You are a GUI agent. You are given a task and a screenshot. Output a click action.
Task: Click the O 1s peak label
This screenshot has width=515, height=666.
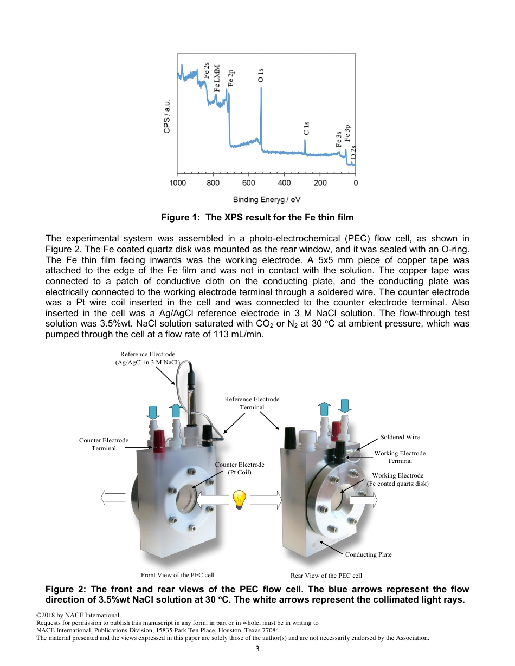pyautogui.click(x=261, y=75)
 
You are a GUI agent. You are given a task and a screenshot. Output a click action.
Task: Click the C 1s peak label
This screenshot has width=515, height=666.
pyautogui.click(x=306, y=128)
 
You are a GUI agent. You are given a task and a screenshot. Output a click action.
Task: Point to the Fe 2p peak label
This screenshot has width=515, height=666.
pyautogui.click(x=231, y=79)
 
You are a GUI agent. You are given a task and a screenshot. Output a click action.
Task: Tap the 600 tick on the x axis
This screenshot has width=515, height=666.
pyautogui.click(x=249, y=182)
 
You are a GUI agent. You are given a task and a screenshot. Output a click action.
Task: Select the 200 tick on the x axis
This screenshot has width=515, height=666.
pyautogui.click(x=320, y=182)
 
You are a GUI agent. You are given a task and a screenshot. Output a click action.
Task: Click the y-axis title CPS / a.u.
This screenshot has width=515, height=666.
pyautogui.click(x=168, y=116)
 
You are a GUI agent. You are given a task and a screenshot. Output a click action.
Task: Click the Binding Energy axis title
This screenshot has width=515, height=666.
pyautogui.click(x=267, y=199)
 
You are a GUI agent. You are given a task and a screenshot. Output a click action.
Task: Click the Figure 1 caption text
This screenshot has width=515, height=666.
pyautogui.click(x=257, y=218)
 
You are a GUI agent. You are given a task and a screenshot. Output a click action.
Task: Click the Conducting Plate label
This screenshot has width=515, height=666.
pyautogui.click(x=368, y=554)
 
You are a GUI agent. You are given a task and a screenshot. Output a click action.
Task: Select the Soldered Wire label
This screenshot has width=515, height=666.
pyautogui.click(x=400, y=437)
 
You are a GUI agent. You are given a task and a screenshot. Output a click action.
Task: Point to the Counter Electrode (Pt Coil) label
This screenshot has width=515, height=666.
pyautogui.click(x=240, y=468)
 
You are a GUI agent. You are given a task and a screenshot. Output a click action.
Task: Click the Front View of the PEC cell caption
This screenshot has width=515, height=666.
pyautogui.click(x=177, y=575)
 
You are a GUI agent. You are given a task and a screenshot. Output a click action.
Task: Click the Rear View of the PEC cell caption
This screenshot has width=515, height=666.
pyautogui.click(x=326, y=576)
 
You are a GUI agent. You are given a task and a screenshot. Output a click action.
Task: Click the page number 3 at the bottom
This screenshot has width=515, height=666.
pyautogui.click(x=257, y=649)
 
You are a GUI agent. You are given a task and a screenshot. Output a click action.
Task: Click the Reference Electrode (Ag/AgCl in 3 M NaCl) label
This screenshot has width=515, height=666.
pyautogui.click(x=147, y=358)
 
